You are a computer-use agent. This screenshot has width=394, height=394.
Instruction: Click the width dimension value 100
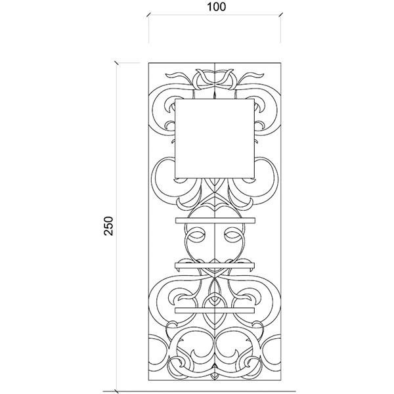tap(216, 7)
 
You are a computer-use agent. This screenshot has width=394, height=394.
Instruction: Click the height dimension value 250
tap(109, 226)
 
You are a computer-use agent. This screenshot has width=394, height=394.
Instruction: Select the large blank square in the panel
tap(215, 138)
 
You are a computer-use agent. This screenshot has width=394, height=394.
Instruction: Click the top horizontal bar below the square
tap(215, 221)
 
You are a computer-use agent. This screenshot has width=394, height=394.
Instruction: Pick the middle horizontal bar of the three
tap(215, 265)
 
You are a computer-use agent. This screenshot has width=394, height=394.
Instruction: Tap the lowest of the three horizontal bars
tap(215, 311)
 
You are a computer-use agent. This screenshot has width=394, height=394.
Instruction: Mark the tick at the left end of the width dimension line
tap(148, 15)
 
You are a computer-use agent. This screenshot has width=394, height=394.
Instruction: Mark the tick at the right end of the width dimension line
tap(281, 15)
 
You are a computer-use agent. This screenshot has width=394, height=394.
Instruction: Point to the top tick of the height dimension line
tap(116, 62)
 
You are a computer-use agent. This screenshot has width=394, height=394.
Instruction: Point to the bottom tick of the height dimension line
tap(116, 391)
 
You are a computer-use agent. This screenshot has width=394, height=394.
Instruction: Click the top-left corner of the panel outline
tap(148, 63)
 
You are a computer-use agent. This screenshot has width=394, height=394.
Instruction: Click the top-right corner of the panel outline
tap(281, 63)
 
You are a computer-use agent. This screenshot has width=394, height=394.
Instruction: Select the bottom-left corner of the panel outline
tap(148, 387)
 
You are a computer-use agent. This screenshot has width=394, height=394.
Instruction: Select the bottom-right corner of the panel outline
tap(281, 387)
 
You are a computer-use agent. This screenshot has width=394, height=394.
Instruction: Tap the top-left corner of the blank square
tap(175, 99)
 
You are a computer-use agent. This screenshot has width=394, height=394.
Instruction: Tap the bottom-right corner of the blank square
tap(254, 178)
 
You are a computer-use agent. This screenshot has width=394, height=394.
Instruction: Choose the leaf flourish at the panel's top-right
tap(252, 77)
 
